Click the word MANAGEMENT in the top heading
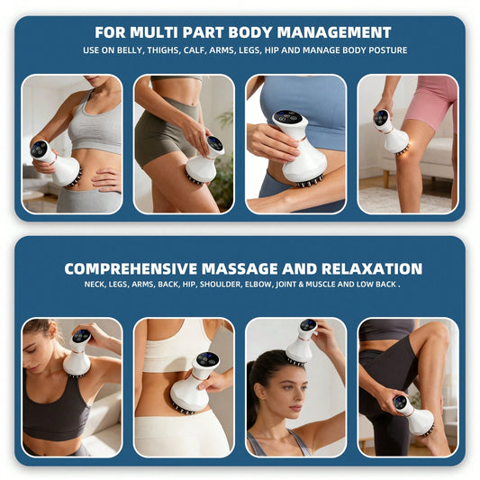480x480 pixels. click(334, 32)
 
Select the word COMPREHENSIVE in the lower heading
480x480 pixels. click(131, 268)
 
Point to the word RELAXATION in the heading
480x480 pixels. click(372, 268)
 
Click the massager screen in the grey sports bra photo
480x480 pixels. click(39, 149)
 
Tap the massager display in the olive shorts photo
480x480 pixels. click(214, 143)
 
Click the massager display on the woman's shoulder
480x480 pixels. click(81, 336)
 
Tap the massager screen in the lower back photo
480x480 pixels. click(208, 359)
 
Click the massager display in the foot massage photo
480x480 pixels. click(400, 403)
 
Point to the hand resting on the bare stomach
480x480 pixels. click(106, 180)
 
